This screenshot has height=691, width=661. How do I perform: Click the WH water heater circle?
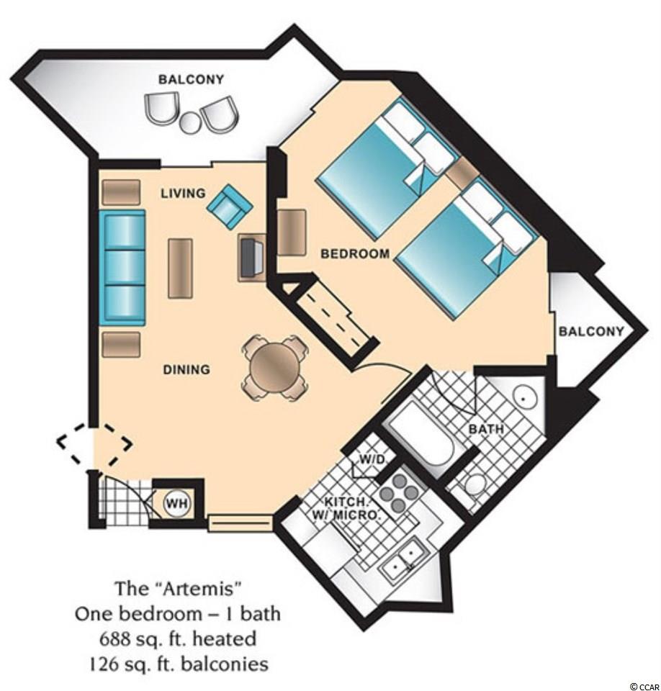pos(177,502)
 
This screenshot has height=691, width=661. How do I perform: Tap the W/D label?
pos(372,459)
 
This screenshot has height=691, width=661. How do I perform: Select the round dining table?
pos(274,367)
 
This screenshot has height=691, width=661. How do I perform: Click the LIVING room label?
pos(183,193)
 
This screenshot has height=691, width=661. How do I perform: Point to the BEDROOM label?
pos(356,253)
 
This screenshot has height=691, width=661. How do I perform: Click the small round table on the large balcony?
pos(191,123)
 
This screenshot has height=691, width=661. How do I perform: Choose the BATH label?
pos(485,428)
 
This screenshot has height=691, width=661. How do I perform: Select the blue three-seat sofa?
pos(122,268)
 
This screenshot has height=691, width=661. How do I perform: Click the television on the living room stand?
pos(252,257)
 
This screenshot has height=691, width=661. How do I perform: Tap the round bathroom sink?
pos(523,398)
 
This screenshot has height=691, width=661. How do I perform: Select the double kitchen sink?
pos(401,557)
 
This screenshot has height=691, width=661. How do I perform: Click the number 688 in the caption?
pos(114,638)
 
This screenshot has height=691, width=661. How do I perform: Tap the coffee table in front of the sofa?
pos(180,268)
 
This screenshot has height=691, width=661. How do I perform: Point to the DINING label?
pos(186,369)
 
